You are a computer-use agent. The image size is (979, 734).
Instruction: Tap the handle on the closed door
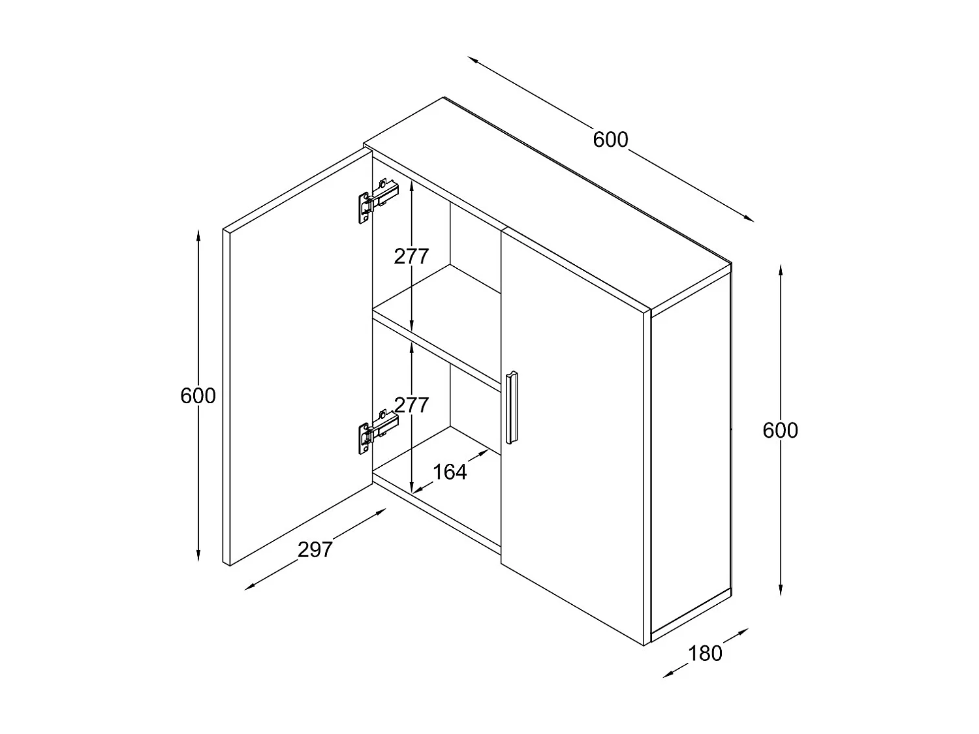pos(512,407)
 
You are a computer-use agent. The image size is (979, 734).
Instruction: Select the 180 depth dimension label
pos(705,653)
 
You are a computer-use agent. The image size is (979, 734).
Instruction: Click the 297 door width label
pos(315,550)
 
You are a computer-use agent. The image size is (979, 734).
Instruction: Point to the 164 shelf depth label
pos(450,472)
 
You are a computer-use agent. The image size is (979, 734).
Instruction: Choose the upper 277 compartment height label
pos(411,256)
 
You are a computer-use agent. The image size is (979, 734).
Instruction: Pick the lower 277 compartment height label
pos(411,405)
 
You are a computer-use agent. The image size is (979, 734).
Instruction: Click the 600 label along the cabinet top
pos(610,140)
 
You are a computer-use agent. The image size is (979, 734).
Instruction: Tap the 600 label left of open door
pos(198,396)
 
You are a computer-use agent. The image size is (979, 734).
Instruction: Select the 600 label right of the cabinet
pos(780,431)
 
